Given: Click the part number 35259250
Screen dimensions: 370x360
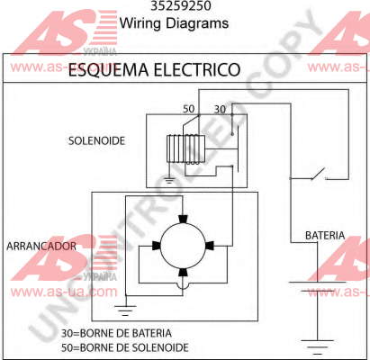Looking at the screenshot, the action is click(181, 5).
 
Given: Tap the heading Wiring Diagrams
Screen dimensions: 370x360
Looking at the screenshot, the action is click(174, 23).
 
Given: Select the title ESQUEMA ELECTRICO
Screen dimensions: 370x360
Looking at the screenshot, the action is click(154, 70).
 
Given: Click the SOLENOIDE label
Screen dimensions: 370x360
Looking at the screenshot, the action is click(96, 140).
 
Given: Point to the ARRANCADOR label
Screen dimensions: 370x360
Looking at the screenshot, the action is click(41, 247).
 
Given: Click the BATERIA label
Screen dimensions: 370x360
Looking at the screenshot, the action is click(325, 236).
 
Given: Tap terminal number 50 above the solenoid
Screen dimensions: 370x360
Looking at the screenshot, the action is click(189, 109).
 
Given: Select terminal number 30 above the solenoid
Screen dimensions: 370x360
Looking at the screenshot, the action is click(220, 110).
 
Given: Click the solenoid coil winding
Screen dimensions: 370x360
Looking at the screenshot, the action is click(186, 149).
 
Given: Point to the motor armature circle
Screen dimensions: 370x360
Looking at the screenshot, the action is click(183, 246).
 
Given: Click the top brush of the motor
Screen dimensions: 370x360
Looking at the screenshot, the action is click(183, 219).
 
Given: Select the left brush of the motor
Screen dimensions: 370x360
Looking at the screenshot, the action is click(157, 246).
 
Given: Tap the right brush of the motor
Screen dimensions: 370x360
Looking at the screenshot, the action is click(210, 246).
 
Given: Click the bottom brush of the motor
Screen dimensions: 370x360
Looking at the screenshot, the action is click(183, 272).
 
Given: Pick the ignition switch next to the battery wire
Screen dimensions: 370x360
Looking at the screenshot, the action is click(319, 175).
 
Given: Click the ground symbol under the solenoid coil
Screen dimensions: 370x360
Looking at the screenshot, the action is click(169, 181).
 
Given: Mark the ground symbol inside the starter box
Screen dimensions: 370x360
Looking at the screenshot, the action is click(125, 310).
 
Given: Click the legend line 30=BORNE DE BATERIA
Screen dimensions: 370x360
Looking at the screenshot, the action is click(116, 333).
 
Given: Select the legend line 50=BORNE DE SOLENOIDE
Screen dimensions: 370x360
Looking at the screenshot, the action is click(125, 347).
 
